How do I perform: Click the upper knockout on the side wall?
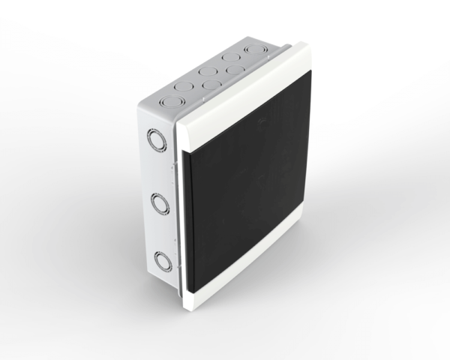(x=157, y=140)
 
